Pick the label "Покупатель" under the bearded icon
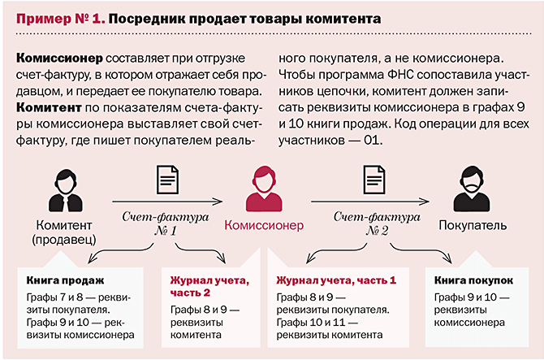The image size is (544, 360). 473,225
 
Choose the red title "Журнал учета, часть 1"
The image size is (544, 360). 336,281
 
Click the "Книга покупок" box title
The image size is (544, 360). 475,281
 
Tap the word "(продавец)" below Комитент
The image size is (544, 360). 64,239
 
